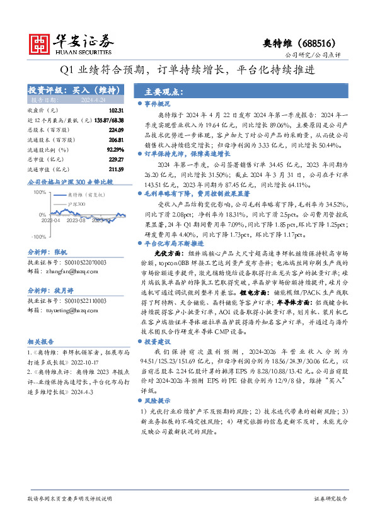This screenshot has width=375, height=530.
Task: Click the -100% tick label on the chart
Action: (38, 237)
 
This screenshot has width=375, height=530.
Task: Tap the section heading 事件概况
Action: (158, 103)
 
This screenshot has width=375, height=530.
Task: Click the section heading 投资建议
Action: (158, 341)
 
